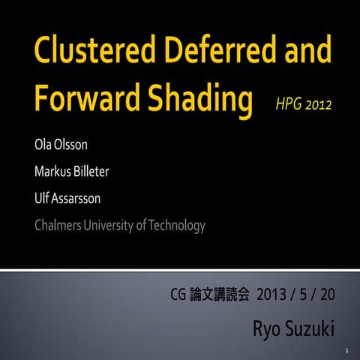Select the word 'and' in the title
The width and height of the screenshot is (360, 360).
coord(303,52)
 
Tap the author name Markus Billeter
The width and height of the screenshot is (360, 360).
coord(72,172)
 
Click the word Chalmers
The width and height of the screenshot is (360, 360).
coord(59,224)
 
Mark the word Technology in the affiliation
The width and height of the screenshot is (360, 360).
coord(177,224)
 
